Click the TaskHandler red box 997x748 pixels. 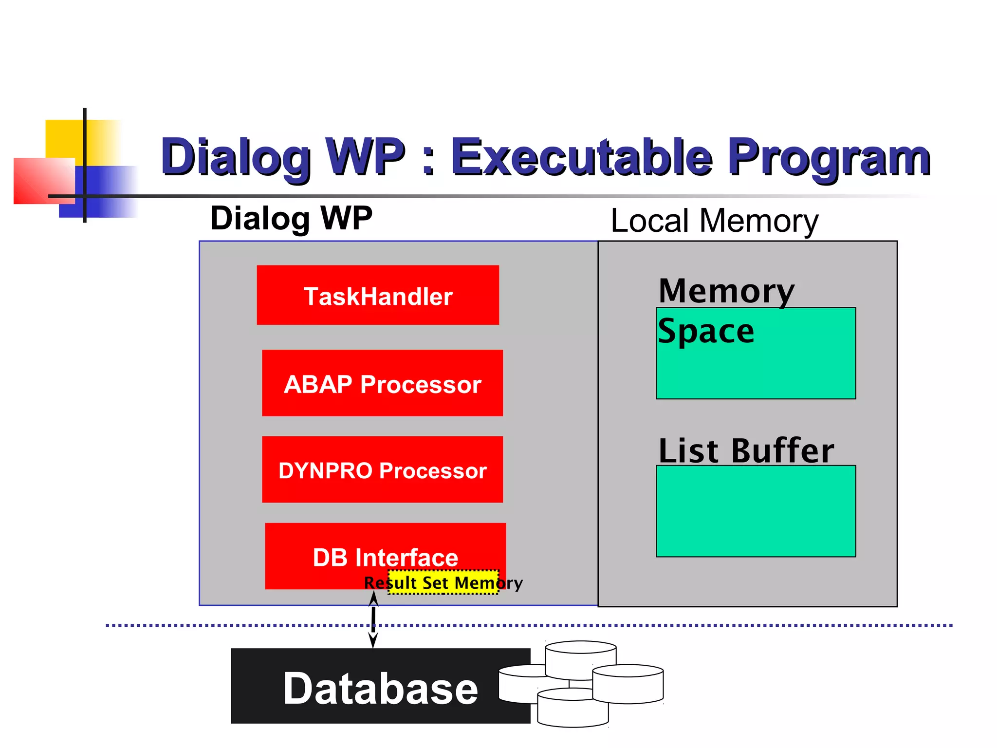[378, 295]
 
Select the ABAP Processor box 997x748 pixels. [382, 383]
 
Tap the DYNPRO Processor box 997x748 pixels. [382, 469]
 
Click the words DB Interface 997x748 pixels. [385, 557]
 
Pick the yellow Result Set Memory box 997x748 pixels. [443, 582]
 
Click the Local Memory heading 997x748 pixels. [714, 221]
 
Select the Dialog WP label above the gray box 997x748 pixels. [291, 218]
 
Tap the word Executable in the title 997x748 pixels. [582, 157]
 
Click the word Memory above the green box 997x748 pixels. [726, 291]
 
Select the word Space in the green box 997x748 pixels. [706, 331]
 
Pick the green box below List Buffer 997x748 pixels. [756, 511]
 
